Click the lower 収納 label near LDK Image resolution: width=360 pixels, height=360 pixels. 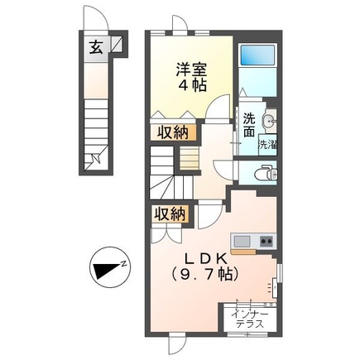[x=169, y=214]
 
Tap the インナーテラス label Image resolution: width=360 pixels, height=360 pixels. [x=249, y=319]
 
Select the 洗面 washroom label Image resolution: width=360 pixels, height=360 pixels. [x=248, y=123]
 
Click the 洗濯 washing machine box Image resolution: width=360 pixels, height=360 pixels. [x=268, y=144]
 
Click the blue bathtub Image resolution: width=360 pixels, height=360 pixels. [x=258, y=56]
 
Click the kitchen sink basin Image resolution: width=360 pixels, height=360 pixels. [x=242, y=241]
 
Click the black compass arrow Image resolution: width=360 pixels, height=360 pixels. [x=104, y=269]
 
